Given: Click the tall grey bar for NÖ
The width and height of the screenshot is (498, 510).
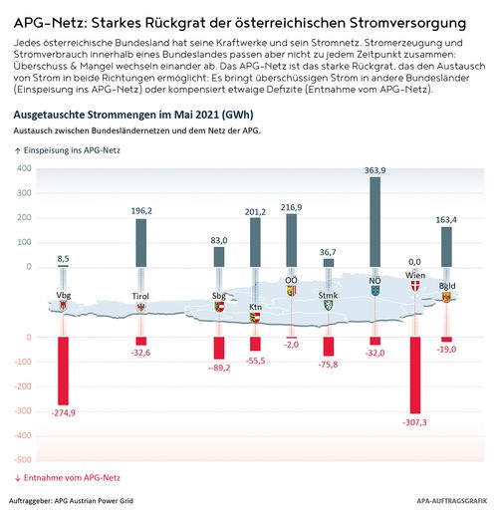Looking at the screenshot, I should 375,221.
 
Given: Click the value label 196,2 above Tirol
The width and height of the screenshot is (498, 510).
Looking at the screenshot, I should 141,210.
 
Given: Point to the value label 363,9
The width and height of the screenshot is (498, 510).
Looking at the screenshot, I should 375,170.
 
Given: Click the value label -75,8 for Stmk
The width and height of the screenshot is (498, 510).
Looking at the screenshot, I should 329,365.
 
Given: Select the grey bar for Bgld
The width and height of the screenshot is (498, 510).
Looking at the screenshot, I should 446,246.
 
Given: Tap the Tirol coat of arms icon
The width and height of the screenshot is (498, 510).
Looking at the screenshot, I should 141,308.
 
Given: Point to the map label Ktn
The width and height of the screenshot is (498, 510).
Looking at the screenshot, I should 255,308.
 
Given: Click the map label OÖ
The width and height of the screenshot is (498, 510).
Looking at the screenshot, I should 291,281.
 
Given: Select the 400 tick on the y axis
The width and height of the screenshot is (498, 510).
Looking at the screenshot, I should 23,168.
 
